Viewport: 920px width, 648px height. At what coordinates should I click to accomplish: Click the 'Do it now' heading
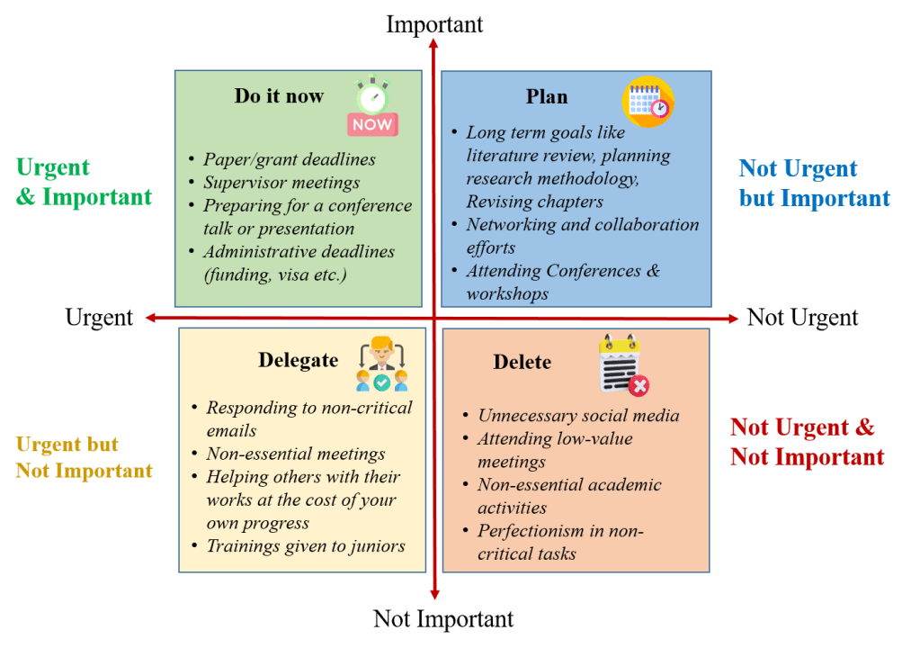279,96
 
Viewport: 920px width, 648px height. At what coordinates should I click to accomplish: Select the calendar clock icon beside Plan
648,101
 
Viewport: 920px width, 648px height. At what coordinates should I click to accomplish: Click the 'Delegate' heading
298,360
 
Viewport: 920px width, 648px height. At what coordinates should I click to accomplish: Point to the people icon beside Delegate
381,364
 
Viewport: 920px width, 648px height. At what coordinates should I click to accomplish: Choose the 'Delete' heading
523,362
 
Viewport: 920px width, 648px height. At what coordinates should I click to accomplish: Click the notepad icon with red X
623,365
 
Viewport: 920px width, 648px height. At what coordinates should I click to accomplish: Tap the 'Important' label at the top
434,24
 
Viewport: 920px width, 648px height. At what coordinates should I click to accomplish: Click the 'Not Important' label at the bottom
443,619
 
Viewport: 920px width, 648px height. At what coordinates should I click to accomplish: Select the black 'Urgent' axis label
99,318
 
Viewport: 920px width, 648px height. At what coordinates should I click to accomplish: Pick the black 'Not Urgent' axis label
802,318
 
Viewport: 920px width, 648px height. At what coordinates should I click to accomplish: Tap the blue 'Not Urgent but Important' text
814,184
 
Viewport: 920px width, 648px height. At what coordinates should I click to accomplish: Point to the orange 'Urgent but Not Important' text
84,457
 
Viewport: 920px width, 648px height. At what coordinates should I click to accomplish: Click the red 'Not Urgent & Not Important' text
807,442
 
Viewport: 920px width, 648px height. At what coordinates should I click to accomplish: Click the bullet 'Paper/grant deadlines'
289,159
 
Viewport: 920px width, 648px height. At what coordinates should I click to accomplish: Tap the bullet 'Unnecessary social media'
578,416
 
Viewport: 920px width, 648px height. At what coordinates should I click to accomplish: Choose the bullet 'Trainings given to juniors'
306,546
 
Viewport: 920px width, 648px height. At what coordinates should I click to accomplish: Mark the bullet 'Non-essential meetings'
296,454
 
